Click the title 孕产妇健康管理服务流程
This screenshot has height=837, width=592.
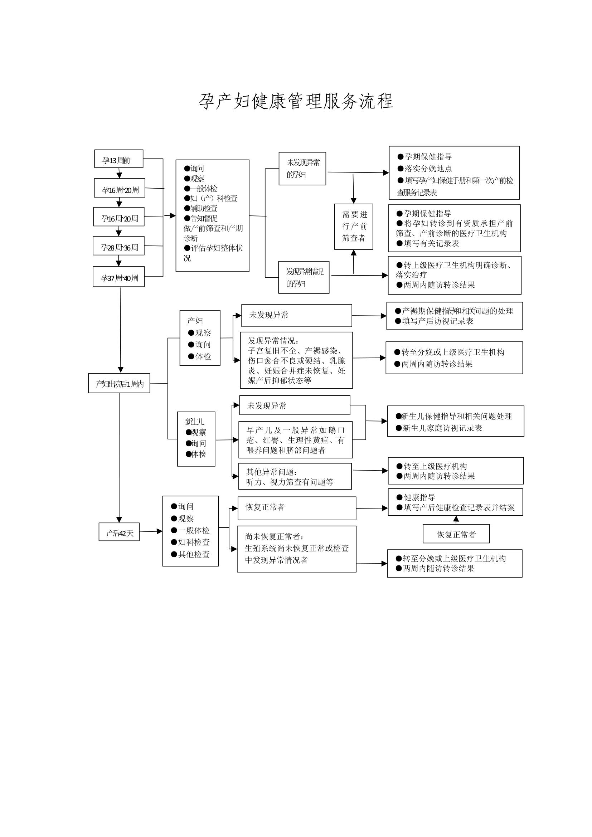296,101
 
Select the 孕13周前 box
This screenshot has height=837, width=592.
118,159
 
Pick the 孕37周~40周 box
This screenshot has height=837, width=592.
118,277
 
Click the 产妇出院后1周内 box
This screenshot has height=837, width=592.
119,383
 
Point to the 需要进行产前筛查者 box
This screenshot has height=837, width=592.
353,227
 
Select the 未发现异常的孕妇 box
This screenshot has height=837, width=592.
302,169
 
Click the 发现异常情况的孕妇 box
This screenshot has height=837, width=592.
304,277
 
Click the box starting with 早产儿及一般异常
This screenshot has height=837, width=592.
295,440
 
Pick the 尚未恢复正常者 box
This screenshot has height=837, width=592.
296,549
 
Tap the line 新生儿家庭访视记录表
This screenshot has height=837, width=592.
442,428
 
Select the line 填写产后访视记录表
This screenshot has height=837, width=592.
437,321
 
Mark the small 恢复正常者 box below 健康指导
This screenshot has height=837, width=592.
456,534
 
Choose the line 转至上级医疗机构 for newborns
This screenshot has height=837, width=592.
435,466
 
